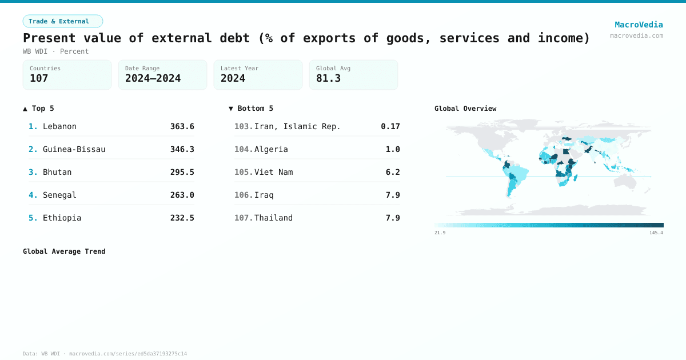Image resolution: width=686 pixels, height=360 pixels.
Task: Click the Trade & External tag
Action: (x=62, y=21)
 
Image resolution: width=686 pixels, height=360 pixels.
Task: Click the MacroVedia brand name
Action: (x=639, y=25)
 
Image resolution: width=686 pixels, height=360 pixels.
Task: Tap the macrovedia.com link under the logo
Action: (x=636, y=35)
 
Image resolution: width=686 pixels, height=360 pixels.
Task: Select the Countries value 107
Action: (x=39, y=78)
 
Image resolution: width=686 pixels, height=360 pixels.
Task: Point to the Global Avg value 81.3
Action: (x=328, y=78)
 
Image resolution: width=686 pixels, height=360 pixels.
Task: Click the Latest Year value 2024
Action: (x=233, y=78)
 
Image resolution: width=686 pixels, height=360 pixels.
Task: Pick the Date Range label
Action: (x=142, y=69)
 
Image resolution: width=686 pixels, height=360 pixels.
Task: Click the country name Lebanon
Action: (x=59, y=126)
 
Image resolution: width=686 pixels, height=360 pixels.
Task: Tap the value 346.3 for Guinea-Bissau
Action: (x=182, y=149)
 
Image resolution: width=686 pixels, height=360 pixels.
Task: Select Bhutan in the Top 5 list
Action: (x=57, y=172)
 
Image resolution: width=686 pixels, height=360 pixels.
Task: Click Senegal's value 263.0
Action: (x=182, y=195)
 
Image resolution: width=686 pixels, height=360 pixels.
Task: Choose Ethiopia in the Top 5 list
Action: (x=62, y=218)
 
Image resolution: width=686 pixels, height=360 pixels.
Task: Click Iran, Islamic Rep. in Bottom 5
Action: (x=297, y=126)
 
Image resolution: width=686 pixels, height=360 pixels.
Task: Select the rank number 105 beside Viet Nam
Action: (x=244, y=172)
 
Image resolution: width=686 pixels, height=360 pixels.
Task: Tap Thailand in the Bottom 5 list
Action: (x=273, y=218)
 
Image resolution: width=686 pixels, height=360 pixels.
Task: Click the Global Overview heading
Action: (x=465, y=109)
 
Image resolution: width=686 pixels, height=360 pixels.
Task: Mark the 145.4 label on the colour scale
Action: (x=656, y=233)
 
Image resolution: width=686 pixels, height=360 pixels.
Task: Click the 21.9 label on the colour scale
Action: (x=440, y=233)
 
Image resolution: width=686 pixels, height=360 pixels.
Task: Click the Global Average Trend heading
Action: (x=64, y=251)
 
